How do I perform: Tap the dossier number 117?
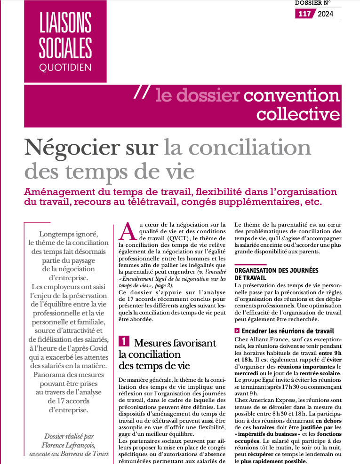(305, 14)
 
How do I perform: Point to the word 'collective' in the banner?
(298, 114)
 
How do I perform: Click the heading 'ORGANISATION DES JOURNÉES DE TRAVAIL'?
(276, 274)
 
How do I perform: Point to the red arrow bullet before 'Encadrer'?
(237, 330)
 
